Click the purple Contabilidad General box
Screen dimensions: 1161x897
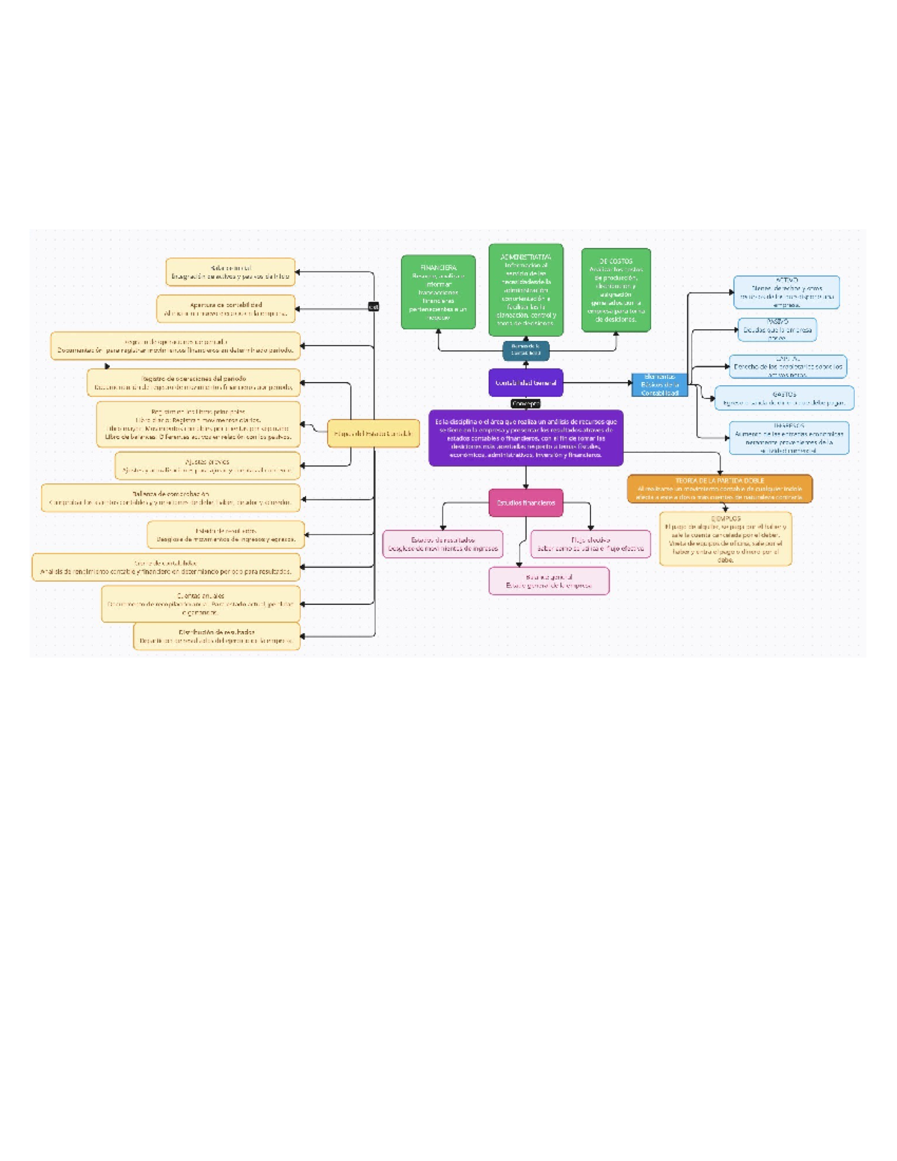point(525,383)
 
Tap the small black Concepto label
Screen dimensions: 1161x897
point(525,404)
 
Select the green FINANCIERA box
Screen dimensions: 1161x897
point(438,292)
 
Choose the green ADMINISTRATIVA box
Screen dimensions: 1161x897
point(525,289)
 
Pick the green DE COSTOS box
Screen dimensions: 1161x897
point(616,290)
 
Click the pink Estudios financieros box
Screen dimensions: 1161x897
point(525,503)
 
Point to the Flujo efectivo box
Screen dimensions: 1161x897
point(590,544)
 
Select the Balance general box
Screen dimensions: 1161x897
point(549,581)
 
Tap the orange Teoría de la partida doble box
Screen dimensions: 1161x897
point(719,489)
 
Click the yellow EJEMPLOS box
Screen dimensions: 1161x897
point(725,538)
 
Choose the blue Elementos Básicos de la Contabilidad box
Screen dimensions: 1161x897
point(659,385)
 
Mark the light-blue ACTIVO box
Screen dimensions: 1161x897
point(786,292)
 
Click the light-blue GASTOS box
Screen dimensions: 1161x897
point(784,398)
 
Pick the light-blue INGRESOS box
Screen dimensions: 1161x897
point(789,437)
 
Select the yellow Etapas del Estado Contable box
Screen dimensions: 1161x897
point(373,434)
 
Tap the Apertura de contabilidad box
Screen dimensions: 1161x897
point(226,309)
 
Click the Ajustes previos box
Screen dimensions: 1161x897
point(208,466)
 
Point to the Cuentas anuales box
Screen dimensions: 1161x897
point(200,604)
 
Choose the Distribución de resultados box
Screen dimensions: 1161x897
point(217,636)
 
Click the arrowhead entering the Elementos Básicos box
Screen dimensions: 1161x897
point(629,384)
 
